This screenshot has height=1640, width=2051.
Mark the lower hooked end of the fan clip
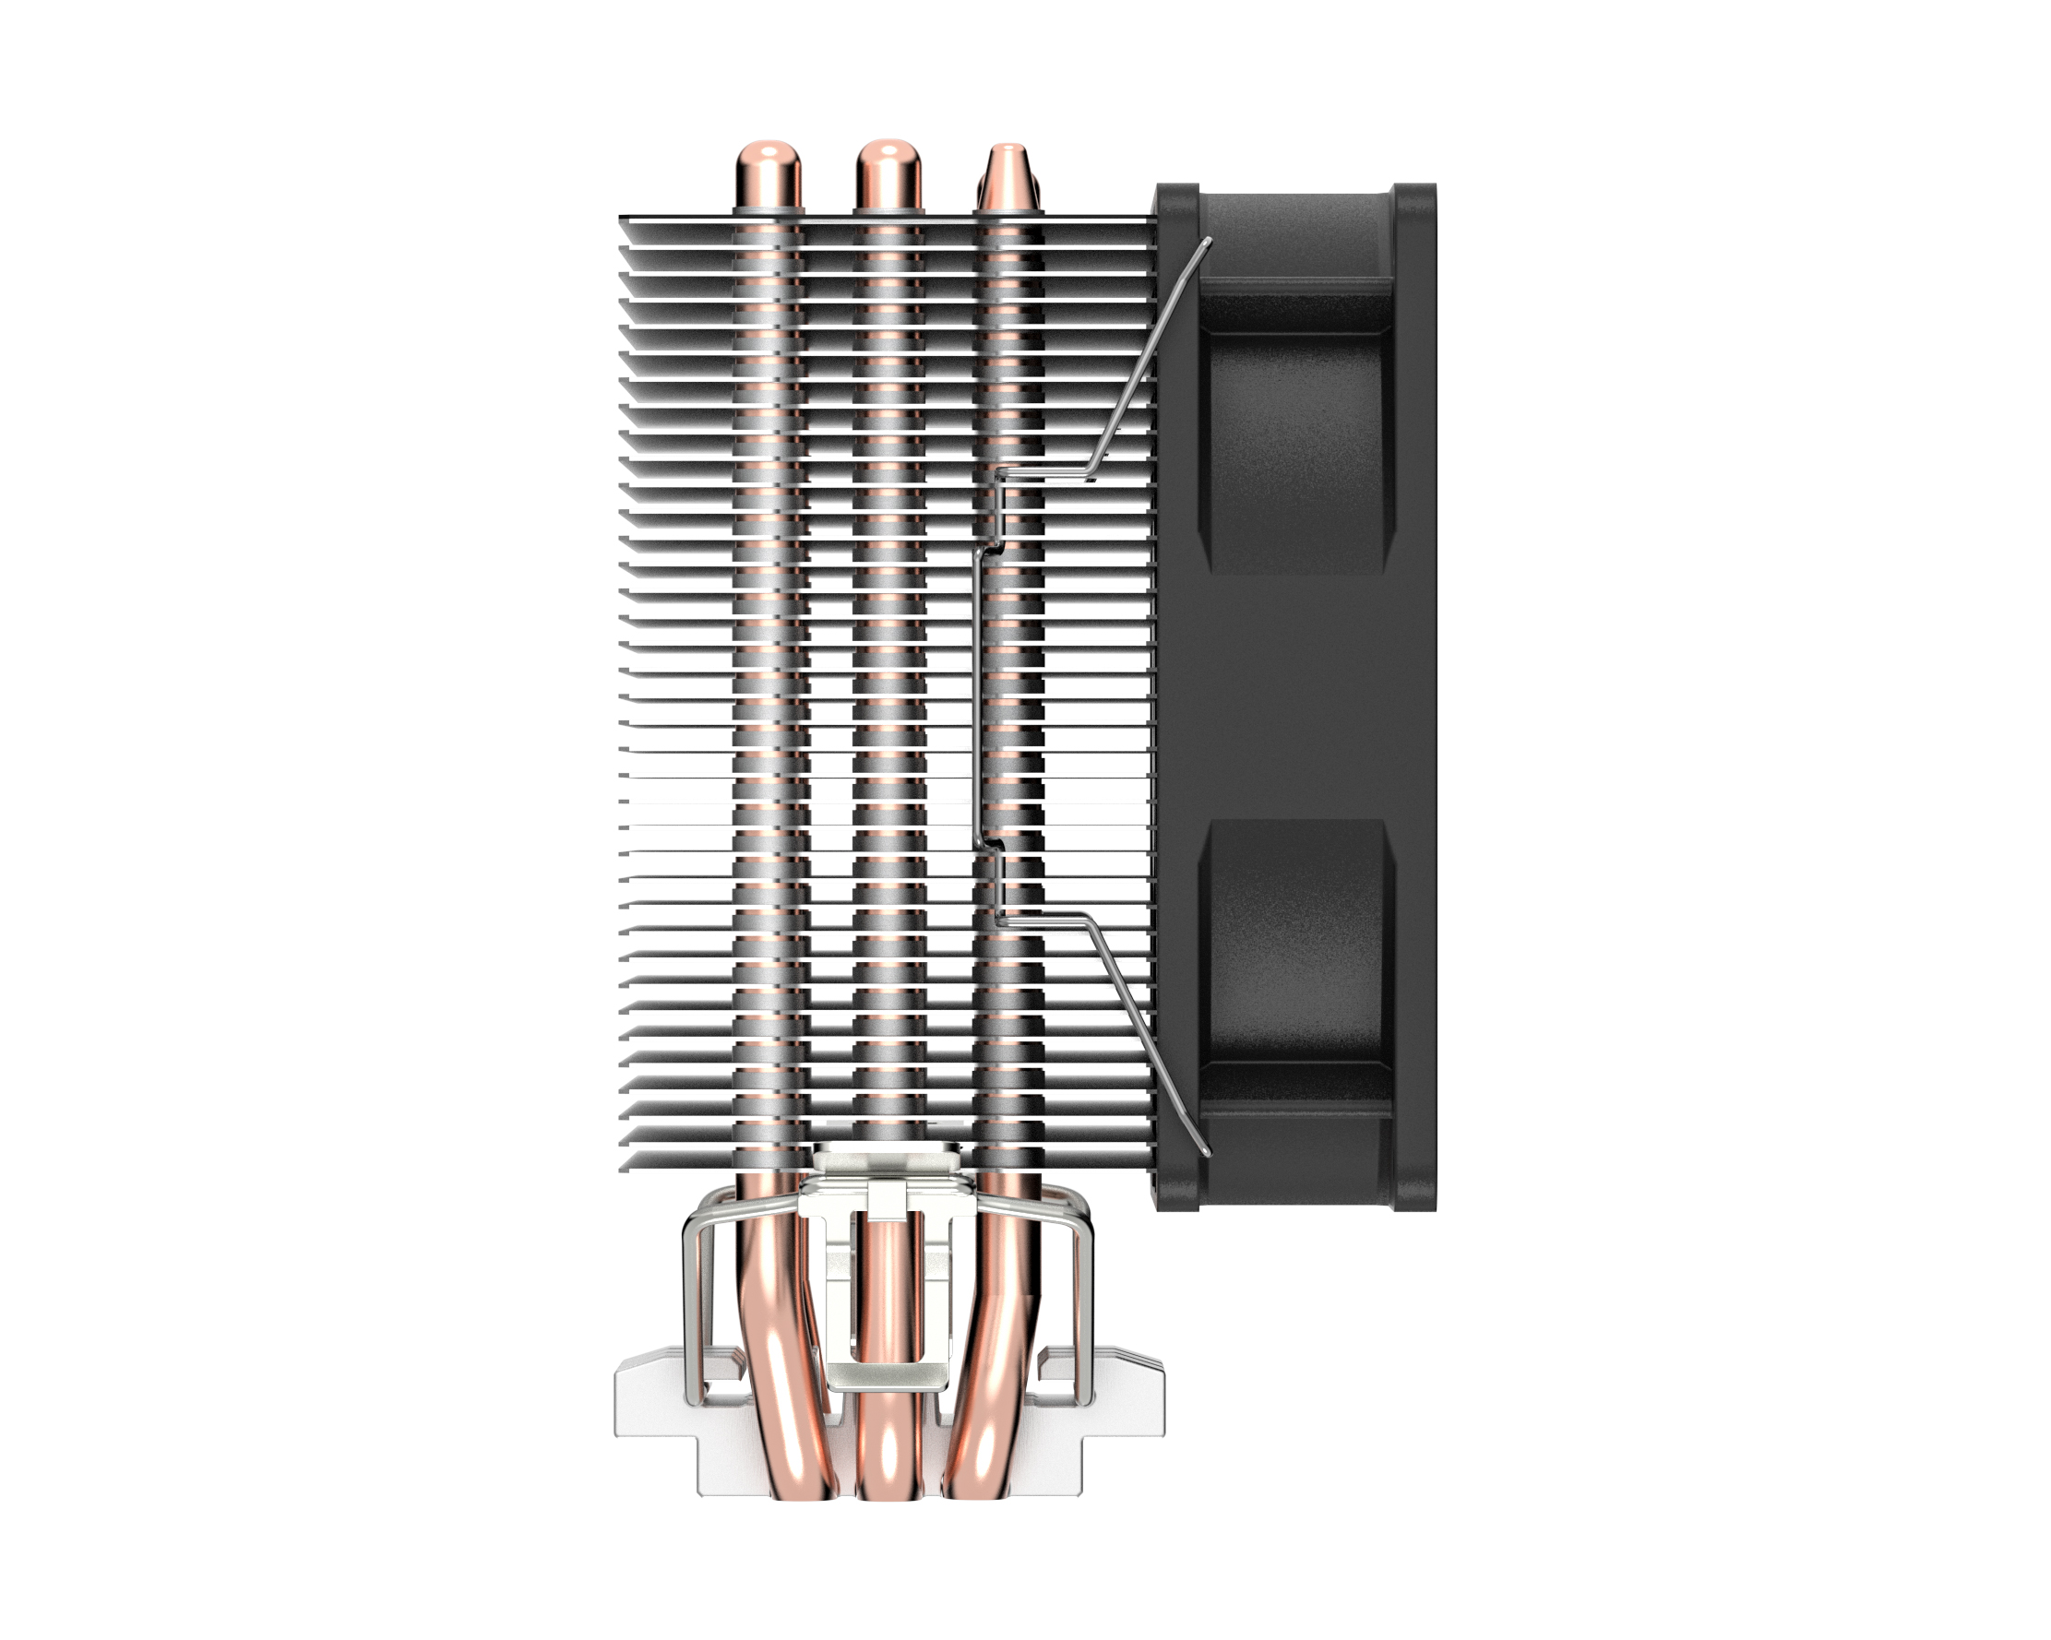(1206, 1152)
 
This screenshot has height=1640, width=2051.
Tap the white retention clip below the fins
(888, 1294)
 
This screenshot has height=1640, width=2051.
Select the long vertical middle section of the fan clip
(976, 695)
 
